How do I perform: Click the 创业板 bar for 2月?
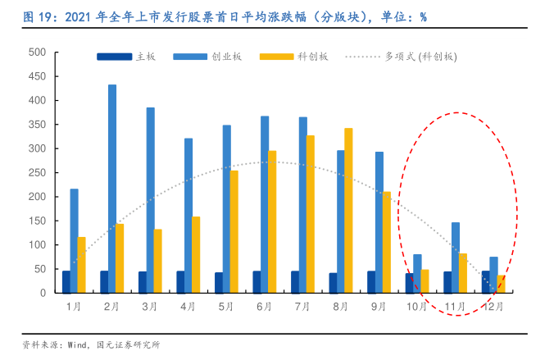[112, 189]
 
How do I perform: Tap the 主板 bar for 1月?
[66, 281]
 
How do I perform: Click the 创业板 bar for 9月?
[379, 222]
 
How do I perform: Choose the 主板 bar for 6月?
[257, 281]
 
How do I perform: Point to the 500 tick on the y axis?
[37, 52]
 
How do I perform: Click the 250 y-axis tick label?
[37, 173]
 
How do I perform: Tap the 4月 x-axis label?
[188, 307]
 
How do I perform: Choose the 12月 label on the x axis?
[493, 307]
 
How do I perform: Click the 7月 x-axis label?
[302, 307]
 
